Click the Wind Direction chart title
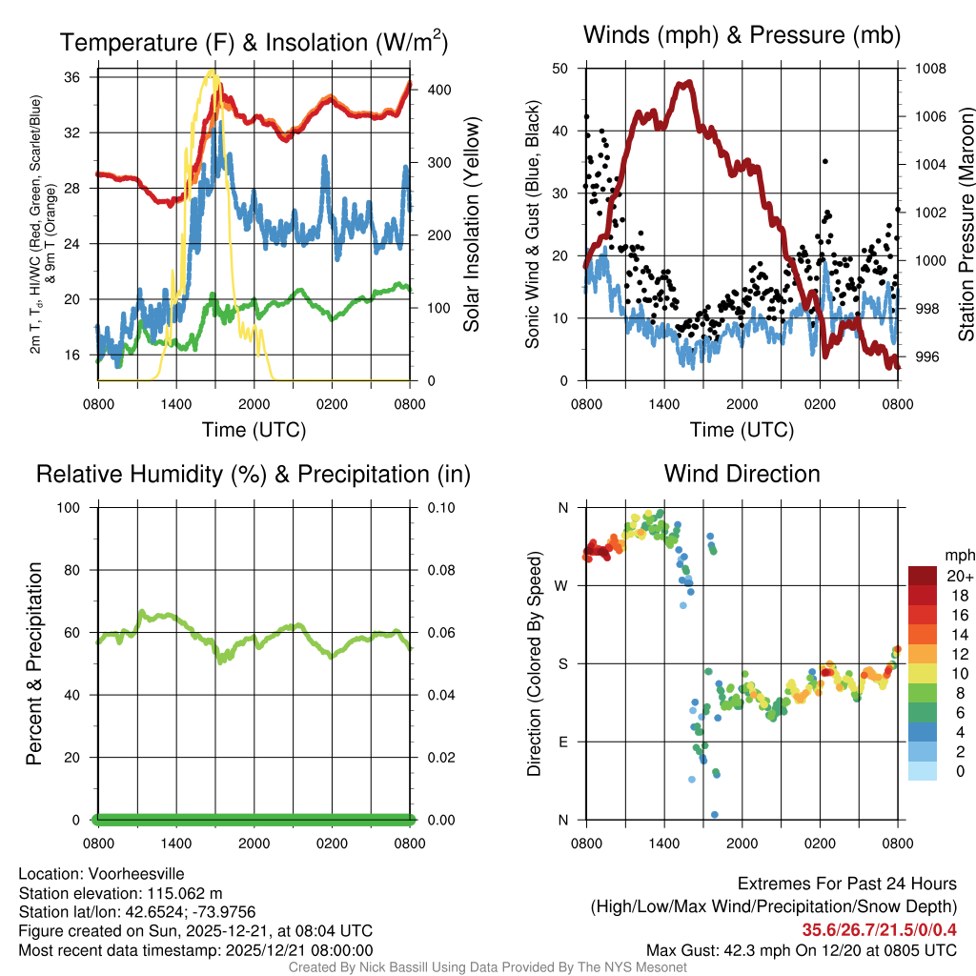click(742, 474)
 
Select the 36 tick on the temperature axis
click(82, 76)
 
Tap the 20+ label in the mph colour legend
click(959, 576)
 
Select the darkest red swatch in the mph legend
click(922, 576)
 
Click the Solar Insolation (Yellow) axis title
click(471, 224)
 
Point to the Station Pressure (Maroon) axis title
click(966, 224)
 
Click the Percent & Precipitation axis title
click(34, 663)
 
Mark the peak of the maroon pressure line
click(684, 83)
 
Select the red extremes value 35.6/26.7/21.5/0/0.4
click(879, 930)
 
